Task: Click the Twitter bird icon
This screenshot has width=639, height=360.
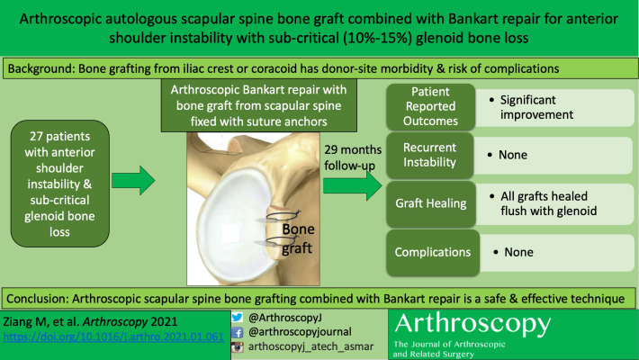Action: (x=238, y=317)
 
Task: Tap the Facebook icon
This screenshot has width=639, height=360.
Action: (x=238, y=332)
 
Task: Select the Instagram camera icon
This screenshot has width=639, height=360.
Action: (x=238, y=347)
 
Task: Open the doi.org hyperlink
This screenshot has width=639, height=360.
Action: (x=113, y=337)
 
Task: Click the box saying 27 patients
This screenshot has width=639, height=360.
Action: (x=60, y=184)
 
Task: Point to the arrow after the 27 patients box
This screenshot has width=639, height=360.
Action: (x=133, y=180)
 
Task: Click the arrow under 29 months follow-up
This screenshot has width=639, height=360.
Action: (x=353, y=186)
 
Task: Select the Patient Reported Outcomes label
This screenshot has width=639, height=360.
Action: (x=430, y=106)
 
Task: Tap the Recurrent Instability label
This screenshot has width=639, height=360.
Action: (x=429, y=155)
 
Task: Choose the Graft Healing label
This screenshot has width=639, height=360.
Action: (x=431, y=203)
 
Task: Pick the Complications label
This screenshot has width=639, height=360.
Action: (x=433, y=252)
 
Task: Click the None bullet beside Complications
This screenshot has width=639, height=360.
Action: (x=514, y=252)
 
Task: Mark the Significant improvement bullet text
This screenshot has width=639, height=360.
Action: (x=531, y=107)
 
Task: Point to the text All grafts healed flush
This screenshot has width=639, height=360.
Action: (x=544, y=203)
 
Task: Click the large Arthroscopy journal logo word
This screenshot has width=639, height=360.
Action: (x=472, y=324)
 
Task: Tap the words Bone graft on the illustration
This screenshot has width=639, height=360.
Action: (x=298, y=238)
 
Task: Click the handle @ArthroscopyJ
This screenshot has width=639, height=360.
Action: (x=285, y=318)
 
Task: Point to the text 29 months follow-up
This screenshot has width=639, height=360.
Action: (x=353, y=157)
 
